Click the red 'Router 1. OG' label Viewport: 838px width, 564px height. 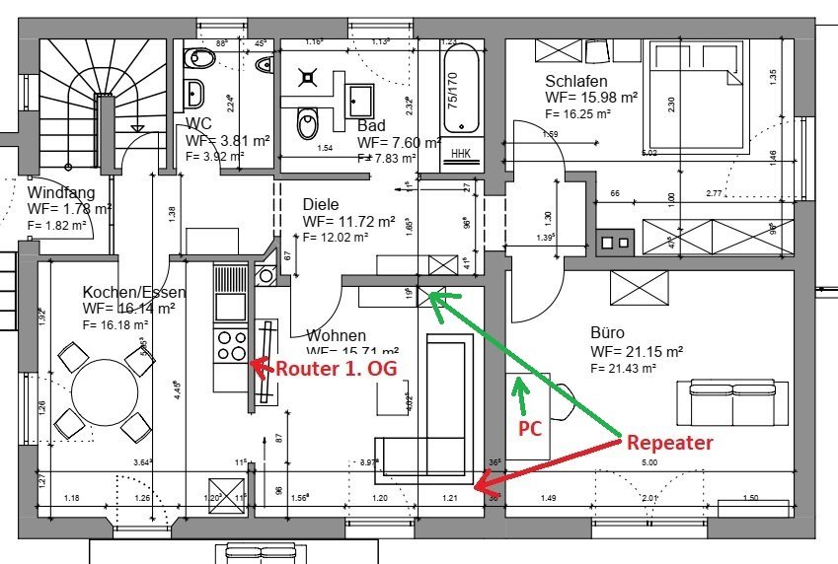329,369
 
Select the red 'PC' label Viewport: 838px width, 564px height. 530,430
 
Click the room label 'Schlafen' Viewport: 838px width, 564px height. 576,81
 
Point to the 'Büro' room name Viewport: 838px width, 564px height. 607,333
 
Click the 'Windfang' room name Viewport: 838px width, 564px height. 61,193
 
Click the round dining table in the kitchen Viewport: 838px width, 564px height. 106,388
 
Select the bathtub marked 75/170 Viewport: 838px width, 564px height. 459,90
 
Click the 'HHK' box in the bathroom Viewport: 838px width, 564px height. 461,153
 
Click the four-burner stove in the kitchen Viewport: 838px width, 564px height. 231,346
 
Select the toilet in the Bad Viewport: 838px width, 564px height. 310,123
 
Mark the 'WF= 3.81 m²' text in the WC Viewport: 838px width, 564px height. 228,141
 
